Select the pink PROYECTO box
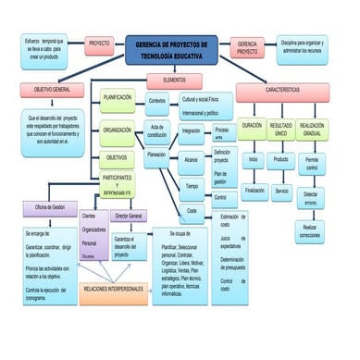[x=98, y=43]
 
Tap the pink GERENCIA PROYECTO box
[x=247, y=48]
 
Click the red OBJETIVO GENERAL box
[x=55, y=91]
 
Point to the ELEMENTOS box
[x=173, y=81]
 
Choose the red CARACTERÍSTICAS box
[x=281, y=91]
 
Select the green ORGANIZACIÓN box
[x=118, y=130]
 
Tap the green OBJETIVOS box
[x=118, y=157]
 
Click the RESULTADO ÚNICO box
[x=281, y=130]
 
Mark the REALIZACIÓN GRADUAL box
[x=312, y=130]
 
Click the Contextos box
[x=156, y=101]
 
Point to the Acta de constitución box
[x=157, y=130]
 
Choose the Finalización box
[x=254, y=190]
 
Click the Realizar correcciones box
[x=311, y=230]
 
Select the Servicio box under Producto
[x=281, y=190]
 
